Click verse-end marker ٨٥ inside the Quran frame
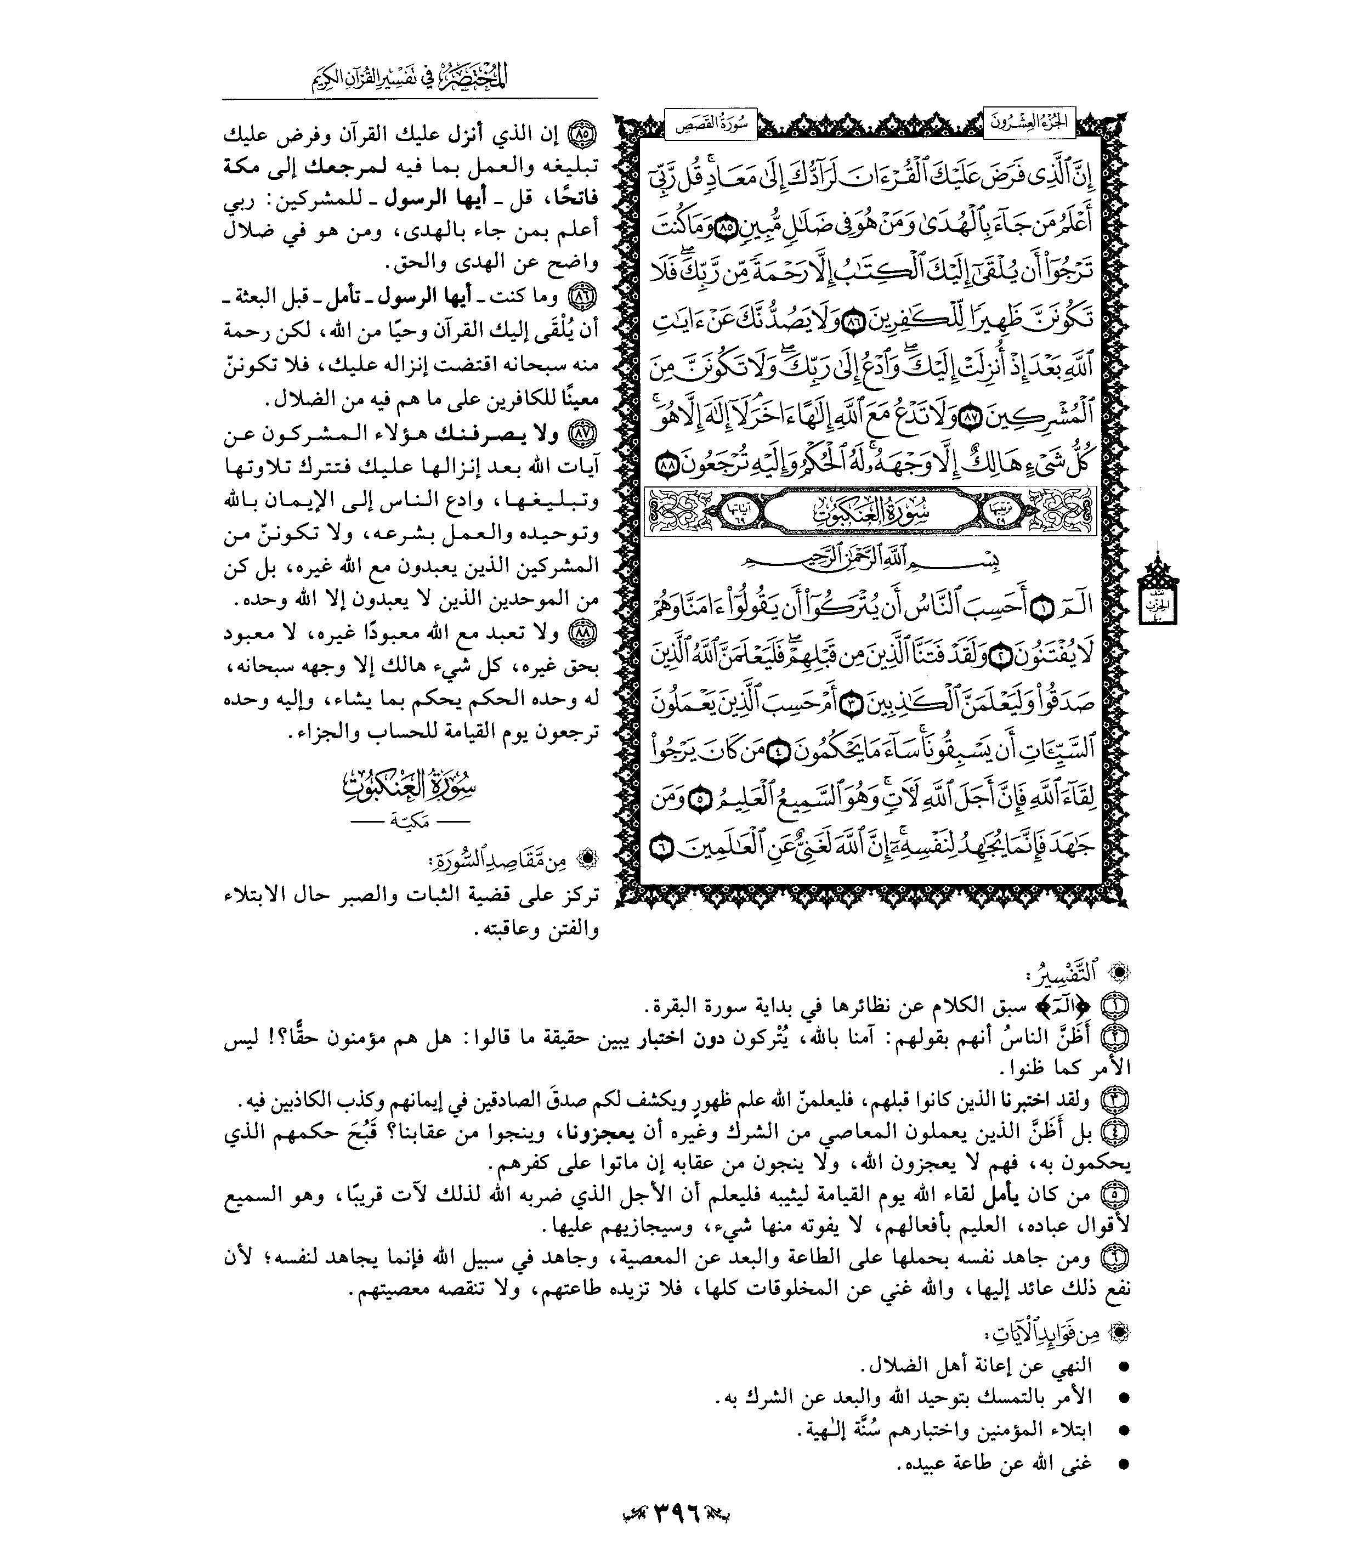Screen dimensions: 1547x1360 723,231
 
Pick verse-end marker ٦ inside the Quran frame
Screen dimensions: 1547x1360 661,849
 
